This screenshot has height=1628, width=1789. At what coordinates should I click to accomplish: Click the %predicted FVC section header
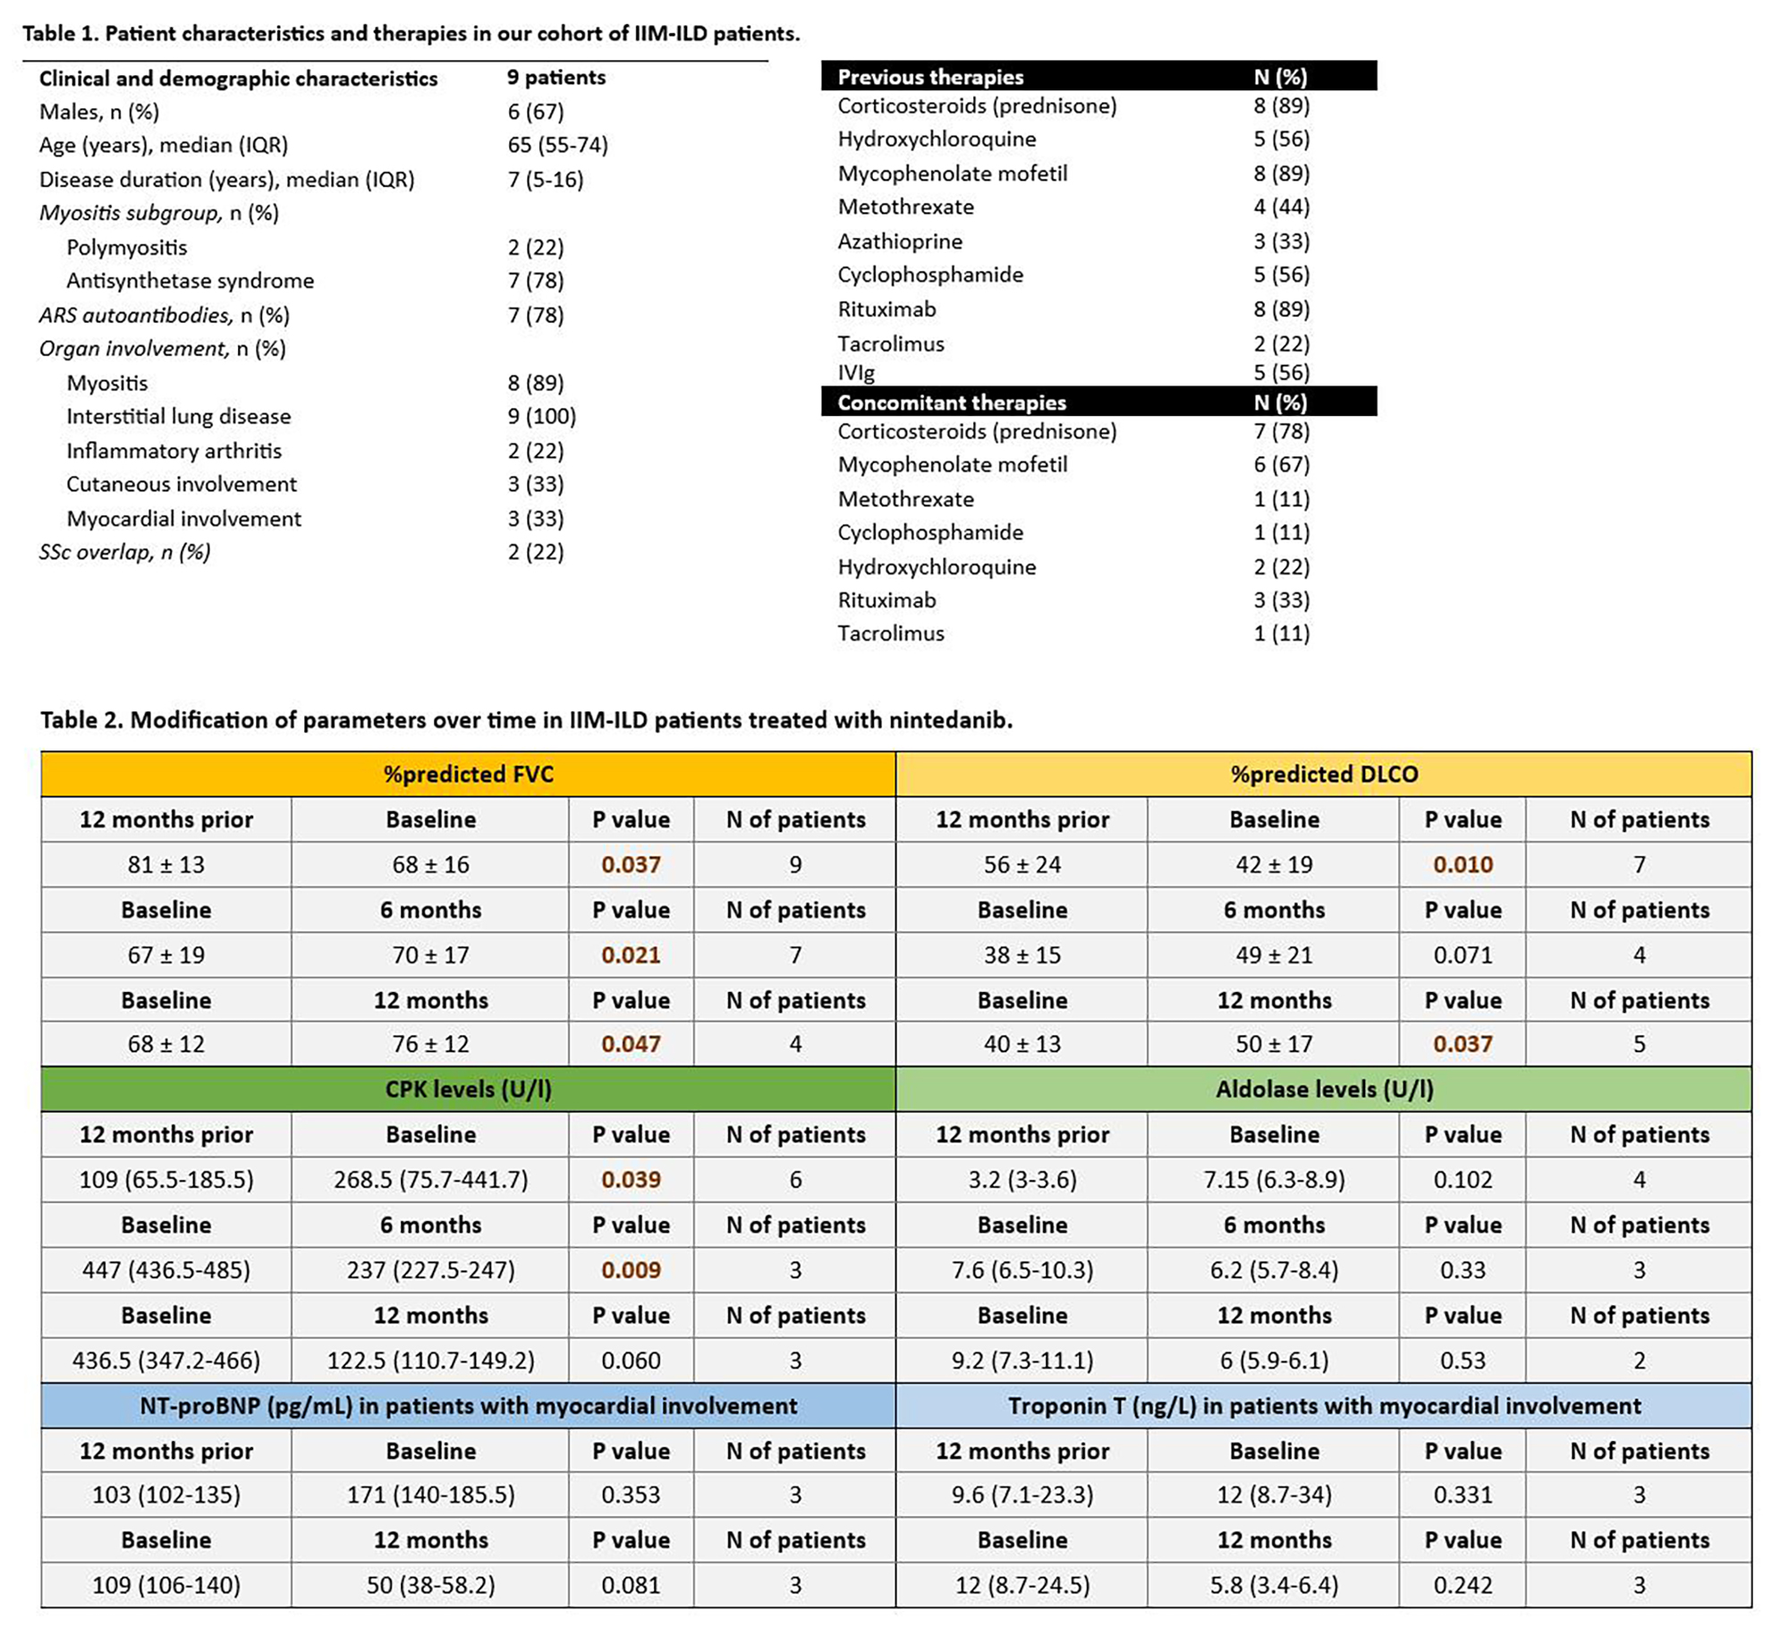pyautogui.click(x=468, y=774)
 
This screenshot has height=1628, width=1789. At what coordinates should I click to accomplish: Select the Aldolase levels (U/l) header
pyautogui.click(x=1324, y=1089)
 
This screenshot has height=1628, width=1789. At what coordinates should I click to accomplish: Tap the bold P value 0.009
pyautogui.click(x=631, y=1270)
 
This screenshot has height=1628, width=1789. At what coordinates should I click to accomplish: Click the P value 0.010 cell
pyautogui.click(x=1463, y=865)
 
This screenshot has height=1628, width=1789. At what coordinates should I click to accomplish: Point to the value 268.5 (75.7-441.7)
pyautogui.click(x=430, y=1180)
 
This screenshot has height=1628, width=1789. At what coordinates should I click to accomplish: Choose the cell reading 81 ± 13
pyautogui.click(x=166, y=865)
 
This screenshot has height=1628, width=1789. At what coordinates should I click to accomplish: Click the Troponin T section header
pyautogui.click(x=1324, y=1405)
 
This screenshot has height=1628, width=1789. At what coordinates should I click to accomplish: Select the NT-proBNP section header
pyautogui.click(x=468, y=1405)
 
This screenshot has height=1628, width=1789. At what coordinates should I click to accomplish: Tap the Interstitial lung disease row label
pyautogui.click(x=178, y=416)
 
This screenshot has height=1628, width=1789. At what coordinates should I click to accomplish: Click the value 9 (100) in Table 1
pyautogui.click(x=541, y=416)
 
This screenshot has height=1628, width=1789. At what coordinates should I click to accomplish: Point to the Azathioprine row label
pyautogui.click(x=900, y=242)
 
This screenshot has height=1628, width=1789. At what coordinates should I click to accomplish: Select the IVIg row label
pyautogui.click(x=856, y=372)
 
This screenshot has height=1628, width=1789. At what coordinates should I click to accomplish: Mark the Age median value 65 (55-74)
pyautogui.click(x=557, y=145)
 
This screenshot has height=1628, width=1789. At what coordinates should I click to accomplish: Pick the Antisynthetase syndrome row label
pyautogui.click(x=190, y=281)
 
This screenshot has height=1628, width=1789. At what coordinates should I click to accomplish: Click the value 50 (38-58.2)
pyautogui.click(x=430, y=1585)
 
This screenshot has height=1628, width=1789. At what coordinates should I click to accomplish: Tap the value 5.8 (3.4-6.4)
pyautogui.click(x=1274, y=1585)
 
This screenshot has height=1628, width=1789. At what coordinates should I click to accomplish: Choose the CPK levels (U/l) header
pyautogui.click(x=468, y=1089)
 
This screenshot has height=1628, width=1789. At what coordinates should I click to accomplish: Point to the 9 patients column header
pyautogui.click(x=555, y=78)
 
